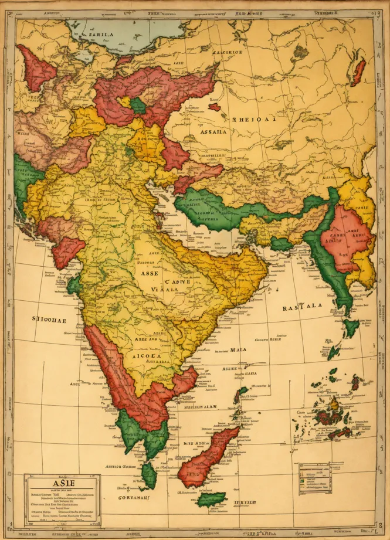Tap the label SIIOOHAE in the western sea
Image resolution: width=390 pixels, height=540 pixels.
pyautogui.click(x=49, y=320)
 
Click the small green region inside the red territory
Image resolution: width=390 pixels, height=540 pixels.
pyautogui.click(x=138, y=106)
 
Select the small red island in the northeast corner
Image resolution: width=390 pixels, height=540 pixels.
pyautogui.click(x=357, y=72)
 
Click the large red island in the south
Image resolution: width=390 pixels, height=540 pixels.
pyautogui.click(x=206, y=456)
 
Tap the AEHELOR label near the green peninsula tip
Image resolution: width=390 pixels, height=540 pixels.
pyautogui.click(x=122, y=467)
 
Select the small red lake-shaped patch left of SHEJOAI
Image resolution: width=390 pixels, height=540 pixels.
pyautogui.click(x=215, y=107)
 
